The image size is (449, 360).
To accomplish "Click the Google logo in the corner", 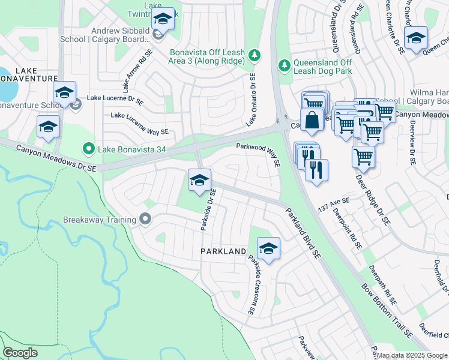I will tap(20, 353).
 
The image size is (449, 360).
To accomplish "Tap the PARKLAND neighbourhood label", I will tap(223, 251).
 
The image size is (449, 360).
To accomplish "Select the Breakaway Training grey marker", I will tap(145, 220).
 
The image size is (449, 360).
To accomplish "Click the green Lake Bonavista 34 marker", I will tap(89, 148).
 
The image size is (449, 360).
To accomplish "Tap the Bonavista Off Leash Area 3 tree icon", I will tap(256, 55).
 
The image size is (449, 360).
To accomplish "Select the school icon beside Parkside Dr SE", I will tap(199, 180).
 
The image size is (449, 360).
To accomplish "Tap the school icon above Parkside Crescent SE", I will tap(268, 248).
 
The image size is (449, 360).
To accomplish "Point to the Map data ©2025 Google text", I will tap(412, 355).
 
